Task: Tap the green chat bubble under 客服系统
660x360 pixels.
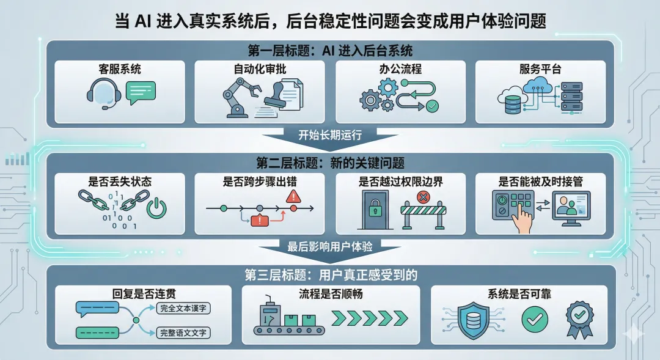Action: pyautogui.click(x=141, y=92)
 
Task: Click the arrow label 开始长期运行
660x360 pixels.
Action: pyautogui.click(x=330, y=135)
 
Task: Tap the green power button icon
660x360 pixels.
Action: pyautogui.click(x=157, y=208)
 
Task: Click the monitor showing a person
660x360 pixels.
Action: pyautogui.click(x=571, y=205)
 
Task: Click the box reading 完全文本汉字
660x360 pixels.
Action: pyautogui.click(x=183, y=309)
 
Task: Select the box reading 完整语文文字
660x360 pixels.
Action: pyautogui.click(x=183, y=332)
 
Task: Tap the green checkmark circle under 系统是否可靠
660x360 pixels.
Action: pyautogui.click(x=535, y=318)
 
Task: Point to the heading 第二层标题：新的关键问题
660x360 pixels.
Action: pyautogui.click(x=330, y=162)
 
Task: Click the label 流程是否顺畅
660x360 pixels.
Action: pyautogui.click(x=331, y=294)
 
